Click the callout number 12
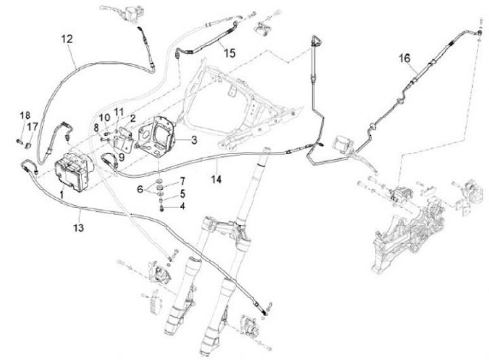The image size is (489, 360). pos(67,39)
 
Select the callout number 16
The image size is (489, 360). pos(405,59)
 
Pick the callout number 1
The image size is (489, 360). pos(62,195)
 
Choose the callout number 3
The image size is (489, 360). pos(194,140)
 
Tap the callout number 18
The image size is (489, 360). pos(24,114)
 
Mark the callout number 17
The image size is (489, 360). pos(31,126)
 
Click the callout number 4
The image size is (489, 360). pos(182,205)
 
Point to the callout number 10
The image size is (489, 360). pos(105,118)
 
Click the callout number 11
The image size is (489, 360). pos(120,112)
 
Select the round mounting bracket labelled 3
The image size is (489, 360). pos(160,136)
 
